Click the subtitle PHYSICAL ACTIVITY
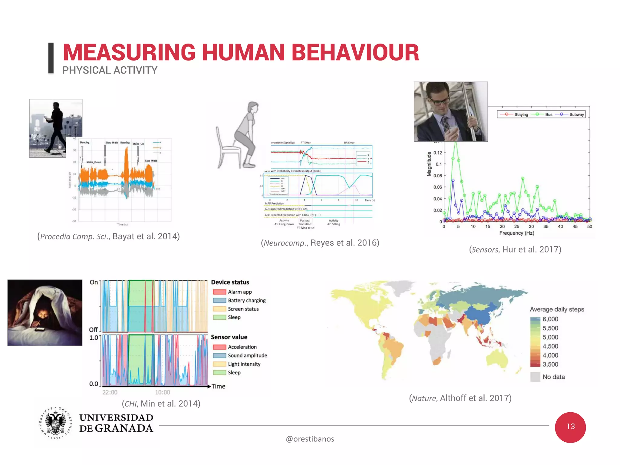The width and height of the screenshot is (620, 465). [110, 70]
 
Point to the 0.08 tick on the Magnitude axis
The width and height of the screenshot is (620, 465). [437, 176]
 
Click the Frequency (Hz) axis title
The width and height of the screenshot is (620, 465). [516, 233]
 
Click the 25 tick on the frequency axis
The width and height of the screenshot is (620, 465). [516, 226]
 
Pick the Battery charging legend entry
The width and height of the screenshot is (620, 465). [246, 300]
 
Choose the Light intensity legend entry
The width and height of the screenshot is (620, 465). [244, 364]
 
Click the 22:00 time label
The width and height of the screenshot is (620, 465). [110, 392]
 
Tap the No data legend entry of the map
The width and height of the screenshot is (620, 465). [553, 377]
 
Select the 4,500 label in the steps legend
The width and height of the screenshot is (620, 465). [550, 346]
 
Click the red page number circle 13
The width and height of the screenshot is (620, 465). [570, 427]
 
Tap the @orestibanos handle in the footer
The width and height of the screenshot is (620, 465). [310, 439]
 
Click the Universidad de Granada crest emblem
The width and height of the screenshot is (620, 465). [55, 423]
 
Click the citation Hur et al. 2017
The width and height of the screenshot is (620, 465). [515, 249]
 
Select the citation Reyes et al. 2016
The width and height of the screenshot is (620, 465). [320, 243]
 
